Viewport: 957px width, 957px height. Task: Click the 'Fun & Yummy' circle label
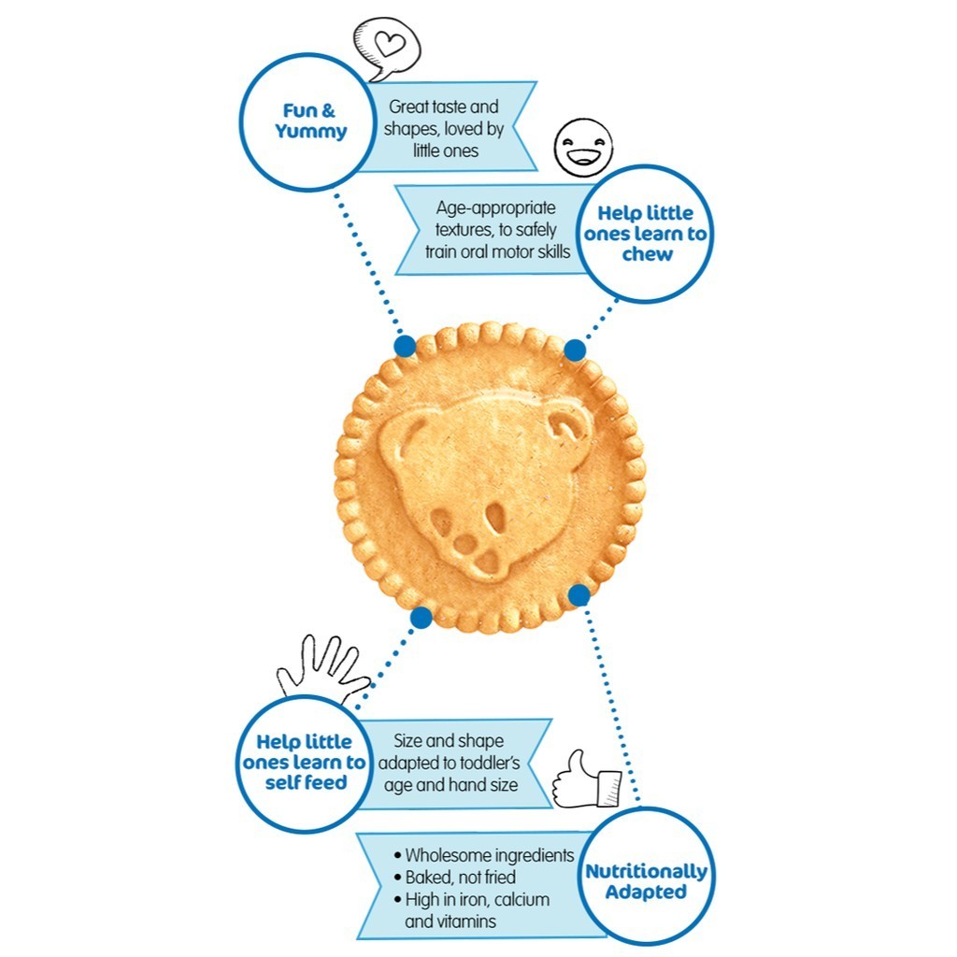[311, 121]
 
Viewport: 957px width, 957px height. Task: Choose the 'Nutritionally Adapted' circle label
[646, 881]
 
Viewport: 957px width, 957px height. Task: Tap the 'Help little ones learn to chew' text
[646, 234]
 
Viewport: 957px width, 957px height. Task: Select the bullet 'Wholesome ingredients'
[483, 855]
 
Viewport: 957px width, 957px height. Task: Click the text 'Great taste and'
[444, 107]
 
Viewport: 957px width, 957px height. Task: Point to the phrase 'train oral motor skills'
[497, 250]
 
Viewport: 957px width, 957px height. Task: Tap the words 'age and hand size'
[450, 785]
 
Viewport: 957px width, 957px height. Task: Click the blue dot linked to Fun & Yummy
[405, 346]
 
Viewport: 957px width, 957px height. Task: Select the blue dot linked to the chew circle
[575, 350]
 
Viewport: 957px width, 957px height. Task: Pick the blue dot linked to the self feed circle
[421, 617]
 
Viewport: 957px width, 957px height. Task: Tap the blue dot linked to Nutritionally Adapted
[579, 594]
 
